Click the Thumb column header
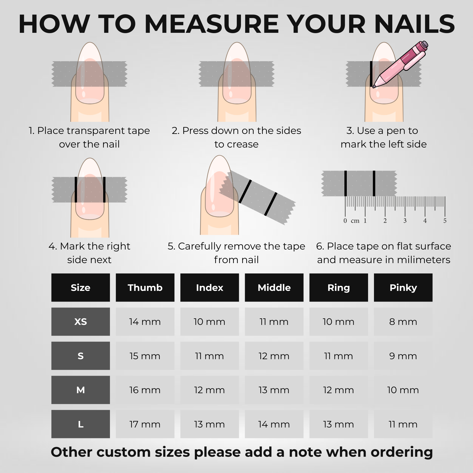[x=145, y=287]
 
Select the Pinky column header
[x=403, y=287]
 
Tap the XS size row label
[x=80, y=322]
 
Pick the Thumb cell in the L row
[x=145, y=424]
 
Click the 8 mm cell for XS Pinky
[x=403, y=322]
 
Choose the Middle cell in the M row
[x=274, y=390]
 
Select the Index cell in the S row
[x=209, y=356]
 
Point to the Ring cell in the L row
[x=338, y=424]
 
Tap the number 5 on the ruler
[x=445, y=221]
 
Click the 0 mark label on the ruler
[x=345, y=221]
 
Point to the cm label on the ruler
[x=355, y=221]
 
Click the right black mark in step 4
[x=104, y=189]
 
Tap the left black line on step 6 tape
[x=345, y=183]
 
